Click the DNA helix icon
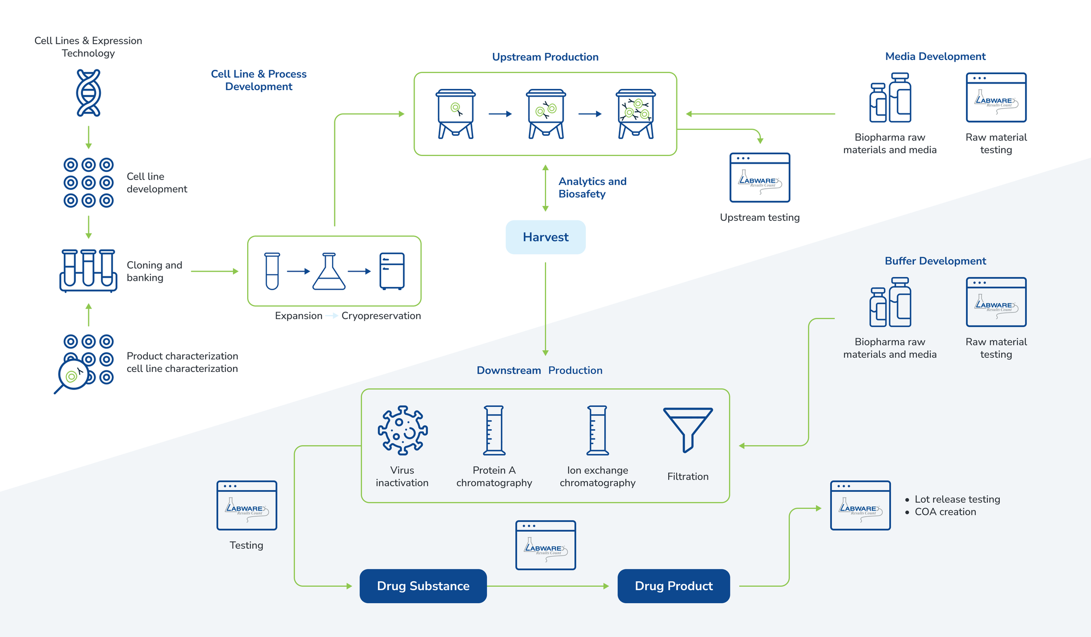point(88,93)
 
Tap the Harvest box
point(545,237)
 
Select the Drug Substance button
point(423,586)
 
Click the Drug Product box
point(674,586)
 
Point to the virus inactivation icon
point(403,430)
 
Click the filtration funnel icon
point(688,429)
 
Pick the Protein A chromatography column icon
point(494,430)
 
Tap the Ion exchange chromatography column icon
point(597,430)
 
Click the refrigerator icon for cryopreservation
point(392,271)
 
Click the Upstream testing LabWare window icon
point(760,178)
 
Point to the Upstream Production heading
point(545,57)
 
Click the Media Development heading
point(935,56)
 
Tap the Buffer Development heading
point(935,261)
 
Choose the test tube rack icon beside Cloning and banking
point(88,271)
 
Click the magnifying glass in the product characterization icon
point(73,375)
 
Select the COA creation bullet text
point(945,512)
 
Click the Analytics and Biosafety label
point(592,187)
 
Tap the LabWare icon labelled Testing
point(247,506)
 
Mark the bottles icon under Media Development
point(890,98)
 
